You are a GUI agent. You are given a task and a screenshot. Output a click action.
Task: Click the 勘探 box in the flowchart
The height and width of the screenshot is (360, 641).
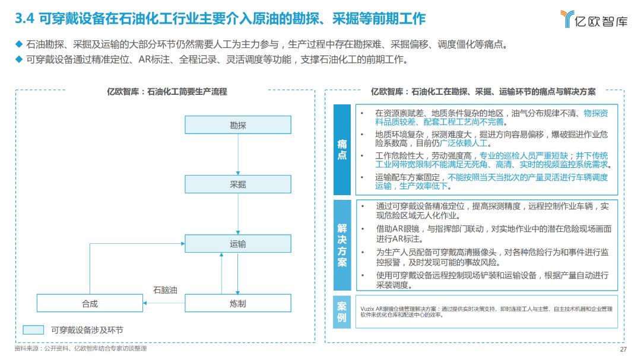(x=237, y=125)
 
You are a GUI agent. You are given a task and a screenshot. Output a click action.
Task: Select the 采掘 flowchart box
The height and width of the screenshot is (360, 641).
(x=237, y=184)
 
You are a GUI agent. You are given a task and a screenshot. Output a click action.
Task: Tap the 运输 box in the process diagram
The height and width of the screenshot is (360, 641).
(x=237, y=244)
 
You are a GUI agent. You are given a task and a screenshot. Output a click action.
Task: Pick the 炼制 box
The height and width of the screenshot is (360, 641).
(x=237, y=303)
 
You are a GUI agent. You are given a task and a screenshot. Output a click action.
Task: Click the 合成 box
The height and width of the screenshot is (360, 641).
(x=90, y=303)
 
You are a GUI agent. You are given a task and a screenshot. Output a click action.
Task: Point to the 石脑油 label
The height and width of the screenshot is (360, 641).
(x=165, y=290)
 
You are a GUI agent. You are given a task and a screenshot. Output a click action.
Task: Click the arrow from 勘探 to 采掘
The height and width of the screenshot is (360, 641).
(x=237, y=154)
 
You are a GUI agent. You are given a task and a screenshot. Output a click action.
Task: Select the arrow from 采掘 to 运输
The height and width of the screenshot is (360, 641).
(x=237, y=214)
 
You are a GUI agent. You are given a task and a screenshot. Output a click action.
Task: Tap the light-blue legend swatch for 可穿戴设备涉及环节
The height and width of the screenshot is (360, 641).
(x=33, y=330)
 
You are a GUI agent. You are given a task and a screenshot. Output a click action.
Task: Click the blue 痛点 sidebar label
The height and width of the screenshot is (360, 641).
(x=342, y=149)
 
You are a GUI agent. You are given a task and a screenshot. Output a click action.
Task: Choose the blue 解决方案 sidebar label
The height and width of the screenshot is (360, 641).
(x=342, y=245)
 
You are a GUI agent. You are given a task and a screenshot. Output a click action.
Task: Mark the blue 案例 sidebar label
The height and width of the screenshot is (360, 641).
(x=342, y=311)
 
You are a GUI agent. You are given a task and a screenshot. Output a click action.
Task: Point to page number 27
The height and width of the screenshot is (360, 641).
(x=623, y=349)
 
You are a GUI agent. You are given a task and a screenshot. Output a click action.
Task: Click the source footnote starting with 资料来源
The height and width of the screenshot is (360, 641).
(x=80, y=349)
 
